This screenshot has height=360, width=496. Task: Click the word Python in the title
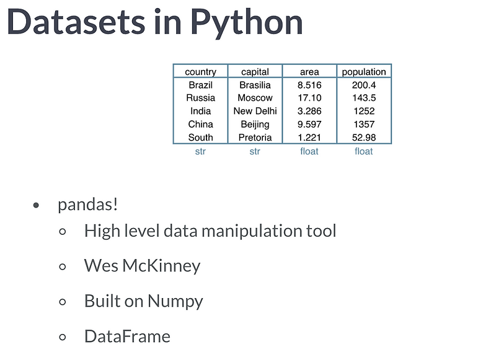click(246, 23)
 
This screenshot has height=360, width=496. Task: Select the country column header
click(200, 72)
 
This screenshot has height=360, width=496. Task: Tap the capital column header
click(255, 72)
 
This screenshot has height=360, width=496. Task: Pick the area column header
click(309, 72)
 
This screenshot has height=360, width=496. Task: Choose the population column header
click(364, 72)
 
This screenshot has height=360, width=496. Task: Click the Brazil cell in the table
click(200, 85)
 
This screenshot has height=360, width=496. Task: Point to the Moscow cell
click(255, 98)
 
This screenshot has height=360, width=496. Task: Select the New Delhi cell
click(255, 111)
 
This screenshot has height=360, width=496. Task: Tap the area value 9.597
click(309, 124)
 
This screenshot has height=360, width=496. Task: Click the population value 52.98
click(364, 137)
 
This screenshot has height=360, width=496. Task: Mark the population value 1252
click(364, 111)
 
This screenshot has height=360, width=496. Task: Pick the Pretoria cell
click(255, 137)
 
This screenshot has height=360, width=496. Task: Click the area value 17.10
click(309, 98)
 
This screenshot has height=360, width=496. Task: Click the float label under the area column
click(309, 151)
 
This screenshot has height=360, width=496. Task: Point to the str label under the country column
click(200, 151)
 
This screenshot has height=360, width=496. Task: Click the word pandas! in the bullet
click(87, 204)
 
